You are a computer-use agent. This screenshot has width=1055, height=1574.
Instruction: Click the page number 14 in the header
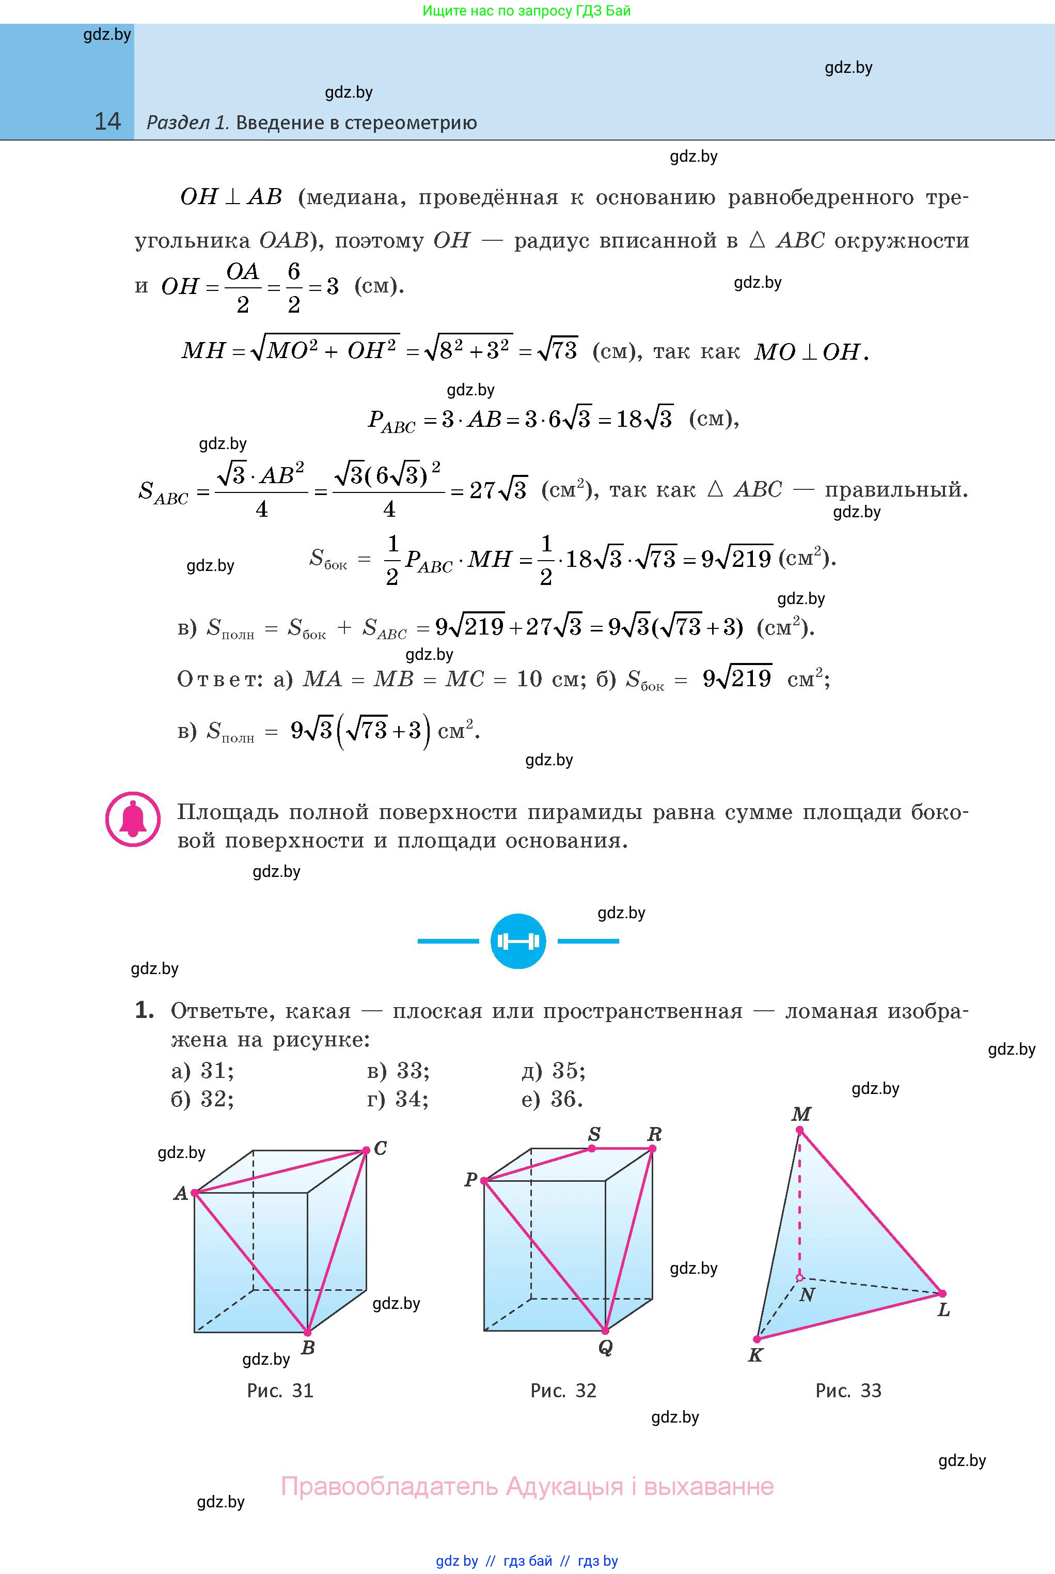[107, 121]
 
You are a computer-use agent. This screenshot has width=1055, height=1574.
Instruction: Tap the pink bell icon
[133, 820]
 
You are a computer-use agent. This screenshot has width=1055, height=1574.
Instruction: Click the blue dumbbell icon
[518, 940]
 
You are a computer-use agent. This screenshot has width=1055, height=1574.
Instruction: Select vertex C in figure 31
[366, 1150]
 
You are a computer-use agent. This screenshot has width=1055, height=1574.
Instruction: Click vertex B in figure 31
[307, 1332]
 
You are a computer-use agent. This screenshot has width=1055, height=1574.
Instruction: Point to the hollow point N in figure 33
[799, 1277]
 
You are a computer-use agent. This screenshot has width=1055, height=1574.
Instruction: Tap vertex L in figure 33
[942, 1293]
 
